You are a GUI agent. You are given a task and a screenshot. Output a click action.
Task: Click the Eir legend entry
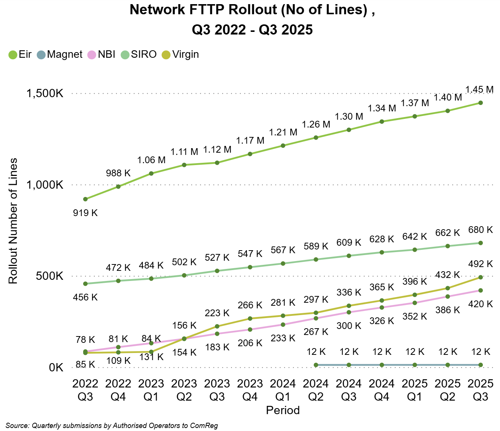point(20,55)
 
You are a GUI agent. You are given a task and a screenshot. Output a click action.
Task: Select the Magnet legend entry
point(60,55)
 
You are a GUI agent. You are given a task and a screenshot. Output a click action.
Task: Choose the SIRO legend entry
point(139,55)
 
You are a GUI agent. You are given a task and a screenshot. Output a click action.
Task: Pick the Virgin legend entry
point(181,55)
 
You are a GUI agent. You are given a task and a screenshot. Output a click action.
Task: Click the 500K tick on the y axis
point(50,276)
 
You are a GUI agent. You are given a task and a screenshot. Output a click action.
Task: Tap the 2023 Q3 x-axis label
point(217,390)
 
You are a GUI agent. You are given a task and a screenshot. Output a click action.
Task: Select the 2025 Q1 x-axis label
point(415,390)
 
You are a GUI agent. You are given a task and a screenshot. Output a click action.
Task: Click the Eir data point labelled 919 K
point(85,199)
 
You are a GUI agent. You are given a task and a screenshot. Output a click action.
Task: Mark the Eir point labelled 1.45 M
point(481,103)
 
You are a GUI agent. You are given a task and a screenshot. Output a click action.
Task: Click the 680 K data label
point(481,230)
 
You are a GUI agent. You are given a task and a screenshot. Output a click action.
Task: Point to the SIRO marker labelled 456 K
point(85,284)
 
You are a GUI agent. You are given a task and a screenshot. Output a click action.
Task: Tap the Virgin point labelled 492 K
point(481,277)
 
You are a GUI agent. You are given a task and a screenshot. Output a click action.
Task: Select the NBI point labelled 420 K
point(481,290)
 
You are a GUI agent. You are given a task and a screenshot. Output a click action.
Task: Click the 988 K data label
point(118,173)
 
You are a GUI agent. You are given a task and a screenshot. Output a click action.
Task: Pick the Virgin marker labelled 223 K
point(217,326)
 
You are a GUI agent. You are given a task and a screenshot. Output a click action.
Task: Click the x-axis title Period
point(283,410)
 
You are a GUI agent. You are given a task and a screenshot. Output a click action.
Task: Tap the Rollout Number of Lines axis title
point(13,221)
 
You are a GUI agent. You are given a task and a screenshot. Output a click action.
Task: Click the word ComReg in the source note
point(204,426)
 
